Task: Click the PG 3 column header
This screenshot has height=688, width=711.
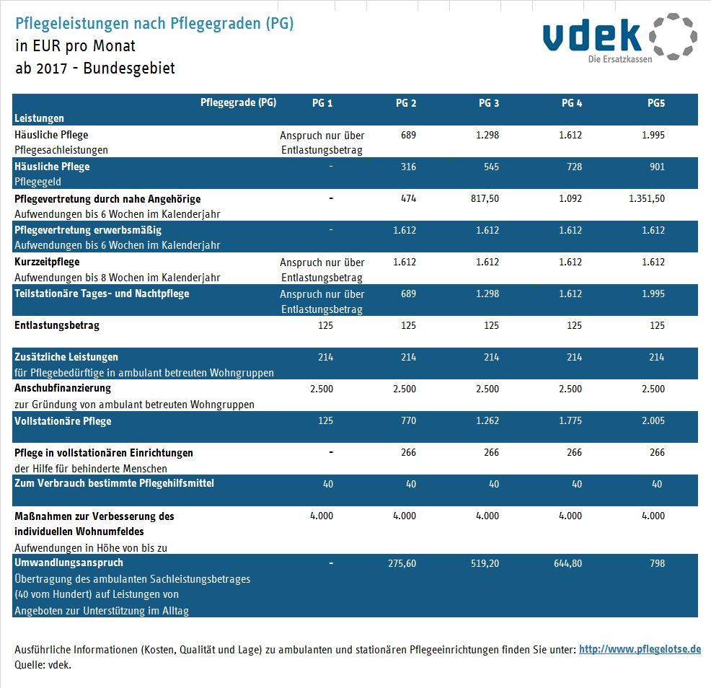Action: pos(489,103)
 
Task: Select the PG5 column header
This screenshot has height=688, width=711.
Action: pos(655,103)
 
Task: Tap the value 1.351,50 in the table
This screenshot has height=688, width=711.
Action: pos(647,198)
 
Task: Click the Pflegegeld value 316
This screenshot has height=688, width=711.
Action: pos(408,167)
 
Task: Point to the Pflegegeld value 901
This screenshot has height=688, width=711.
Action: pos(656,167)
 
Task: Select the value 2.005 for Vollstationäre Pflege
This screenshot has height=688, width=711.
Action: pos(653,420)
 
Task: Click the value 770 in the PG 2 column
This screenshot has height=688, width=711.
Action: pos(408,420)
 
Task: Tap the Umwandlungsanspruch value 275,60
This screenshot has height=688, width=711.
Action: pos(402,563)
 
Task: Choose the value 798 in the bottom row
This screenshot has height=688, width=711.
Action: pos(656,563)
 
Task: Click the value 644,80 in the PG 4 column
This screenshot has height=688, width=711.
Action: pos(568,563)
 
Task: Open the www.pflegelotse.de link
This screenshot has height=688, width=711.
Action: pos(640,649)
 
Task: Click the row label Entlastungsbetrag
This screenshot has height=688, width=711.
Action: pos(57,325)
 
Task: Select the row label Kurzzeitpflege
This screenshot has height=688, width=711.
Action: pos(47,262)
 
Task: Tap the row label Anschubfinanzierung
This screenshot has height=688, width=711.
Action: pos(63,389)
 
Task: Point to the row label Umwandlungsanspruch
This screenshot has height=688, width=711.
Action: pos(69,563)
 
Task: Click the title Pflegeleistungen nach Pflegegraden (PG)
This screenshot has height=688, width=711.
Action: pos(154,23)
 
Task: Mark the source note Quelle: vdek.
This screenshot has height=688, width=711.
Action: pos(43,665)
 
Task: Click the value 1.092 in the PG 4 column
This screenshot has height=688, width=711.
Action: pos(570,198)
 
